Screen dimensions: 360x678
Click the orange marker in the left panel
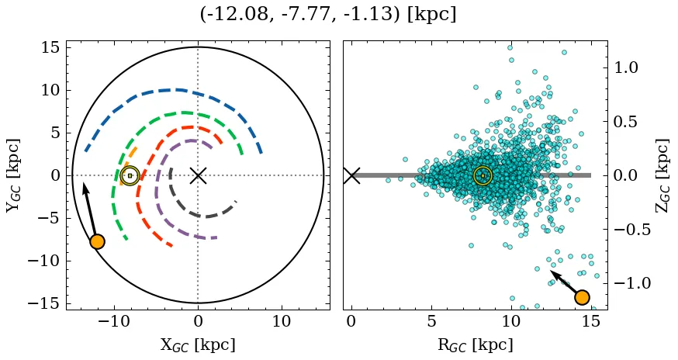[x=97, y=241]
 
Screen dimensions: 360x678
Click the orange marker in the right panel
[x=582, y=296]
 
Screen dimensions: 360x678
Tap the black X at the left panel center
[x=198, y=175]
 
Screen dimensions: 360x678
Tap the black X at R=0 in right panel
[x=351, y=175]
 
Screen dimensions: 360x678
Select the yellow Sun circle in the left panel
[x=130, y=175]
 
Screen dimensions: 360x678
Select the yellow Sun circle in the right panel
[x=483, y=175]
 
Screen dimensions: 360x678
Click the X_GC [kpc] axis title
[x=198, y=344]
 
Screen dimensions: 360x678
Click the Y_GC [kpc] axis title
[x=13, y=175]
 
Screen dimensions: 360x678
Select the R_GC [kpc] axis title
[x=476, y=344]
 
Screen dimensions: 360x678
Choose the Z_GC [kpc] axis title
[x=662, y=175]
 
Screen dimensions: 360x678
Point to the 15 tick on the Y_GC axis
[x=50, y=47]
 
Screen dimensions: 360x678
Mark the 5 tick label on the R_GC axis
[x=431, y=321]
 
